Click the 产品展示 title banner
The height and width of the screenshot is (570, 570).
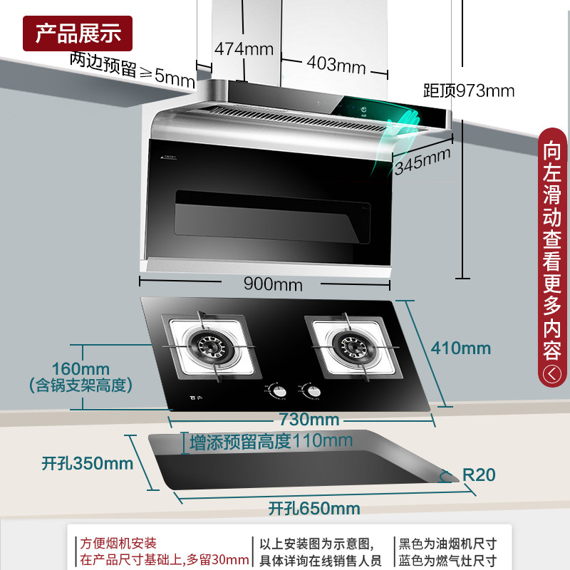click(78, 33)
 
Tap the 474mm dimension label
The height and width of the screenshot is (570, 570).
click(244, 49)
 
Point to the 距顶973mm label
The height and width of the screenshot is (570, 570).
click(468, 90)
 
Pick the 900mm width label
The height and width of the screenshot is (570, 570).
click(273, 284)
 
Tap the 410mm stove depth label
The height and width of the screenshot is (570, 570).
click(460, 348)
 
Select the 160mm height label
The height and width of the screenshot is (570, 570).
click(81, 369)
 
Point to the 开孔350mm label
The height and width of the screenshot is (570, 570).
click(88, 463)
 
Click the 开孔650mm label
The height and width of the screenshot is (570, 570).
click(314, 509)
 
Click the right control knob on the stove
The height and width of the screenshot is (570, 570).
click(310, 391)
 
